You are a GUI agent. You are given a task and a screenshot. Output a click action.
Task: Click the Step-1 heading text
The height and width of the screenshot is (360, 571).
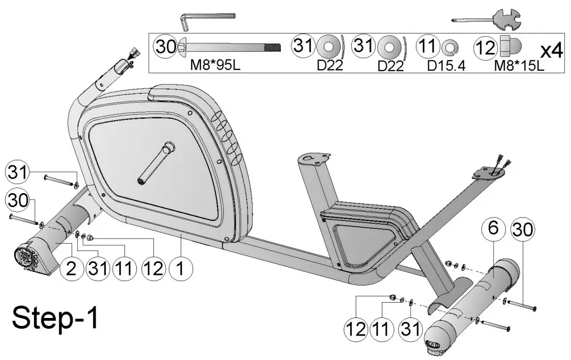56,318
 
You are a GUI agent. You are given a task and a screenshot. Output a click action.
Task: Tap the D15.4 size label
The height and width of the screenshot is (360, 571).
446,65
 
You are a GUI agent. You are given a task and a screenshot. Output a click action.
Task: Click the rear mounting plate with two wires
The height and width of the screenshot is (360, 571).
490,170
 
